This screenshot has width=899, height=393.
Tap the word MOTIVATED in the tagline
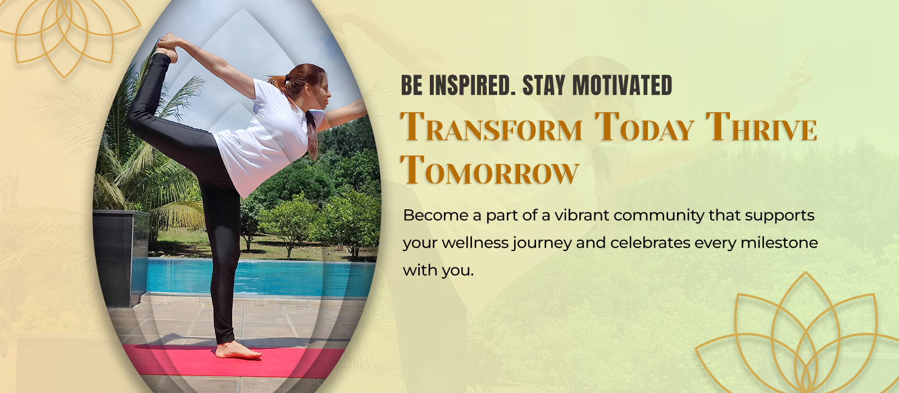(x=622, y=86)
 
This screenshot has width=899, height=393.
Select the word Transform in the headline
(x=491, y=127)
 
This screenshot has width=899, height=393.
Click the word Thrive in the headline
(x=761, y=127)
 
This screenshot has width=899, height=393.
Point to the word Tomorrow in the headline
(x=489, y=170)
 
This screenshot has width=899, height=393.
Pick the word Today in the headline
(x=644, y=127)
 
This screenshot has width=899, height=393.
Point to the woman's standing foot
(x=239, y=351)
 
